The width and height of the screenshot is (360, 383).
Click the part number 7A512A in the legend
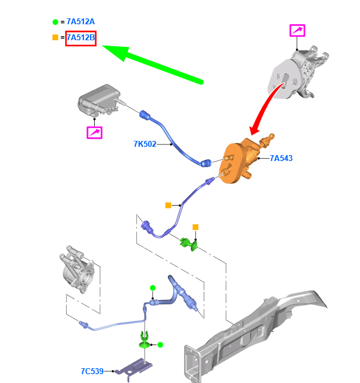(x=81, y=22)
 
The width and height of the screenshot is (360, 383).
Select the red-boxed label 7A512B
(x=81, y=38)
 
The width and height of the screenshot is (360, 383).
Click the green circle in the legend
(x=55, y=22)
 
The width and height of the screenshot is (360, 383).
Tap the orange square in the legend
(x=55, y=38)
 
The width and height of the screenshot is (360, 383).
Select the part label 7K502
(x=144, y=144)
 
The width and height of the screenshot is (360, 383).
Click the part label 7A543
(x=281, y=158)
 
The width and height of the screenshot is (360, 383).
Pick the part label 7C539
(x=92, y=371)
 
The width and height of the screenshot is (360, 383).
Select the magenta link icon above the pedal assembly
(x=297, y=31)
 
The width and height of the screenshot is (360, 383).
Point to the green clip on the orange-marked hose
(x=189, y=243)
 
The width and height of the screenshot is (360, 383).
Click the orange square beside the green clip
(x=195, y=227)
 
